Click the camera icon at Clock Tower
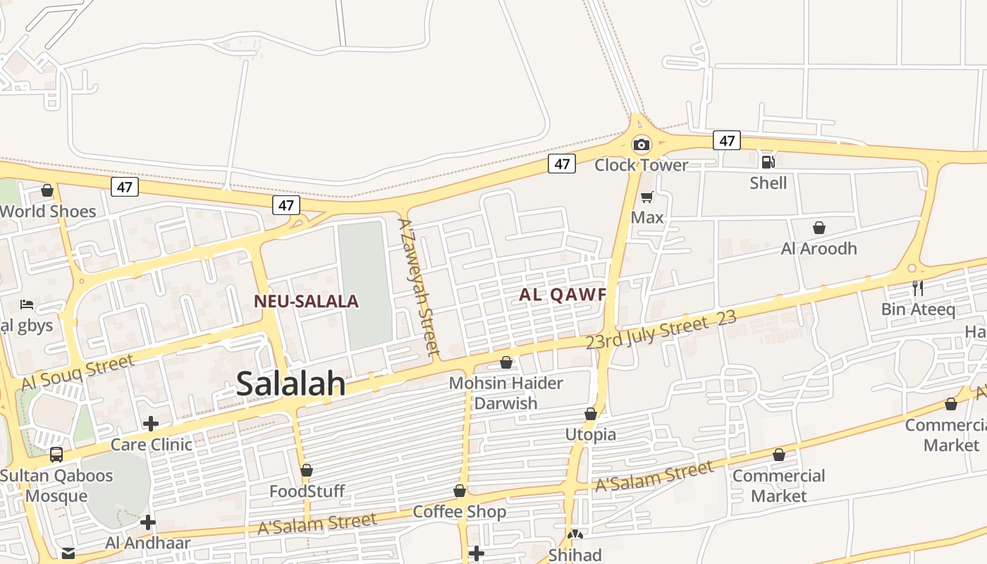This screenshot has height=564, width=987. tap(641, 145)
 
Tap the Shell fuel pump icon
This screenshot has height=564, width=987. tap(768, 162)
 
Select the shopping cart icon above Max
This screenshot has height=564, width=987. tap(646, 197)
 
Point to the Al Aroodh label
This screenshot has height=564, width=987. tap(819, 248)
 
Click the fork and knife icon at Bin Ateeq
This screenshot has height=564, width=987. tap(917, 288)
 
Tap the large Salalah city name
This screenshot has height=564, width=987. tap(291, 384)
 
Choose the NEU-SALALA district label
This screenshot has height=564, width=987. tap(306, 302)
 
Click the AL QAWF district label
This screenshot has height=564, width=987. tap(563, 295)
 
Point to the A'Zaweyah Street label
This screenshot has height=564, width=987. tap(419, 286)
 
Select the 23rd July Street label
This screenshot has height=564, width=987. tap(646, 333)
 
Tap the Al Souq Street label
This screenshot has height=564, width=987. tap(78, 373)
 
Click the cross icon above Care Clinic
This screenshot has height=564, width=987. tap(150, 424)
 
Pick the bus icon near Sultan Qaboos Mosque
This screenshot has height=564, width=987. tap(56, 455)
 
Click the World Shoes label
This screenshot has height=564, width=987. tap(48, 211)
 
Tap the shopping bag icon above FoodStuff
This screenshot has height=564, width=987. tap(307, 470)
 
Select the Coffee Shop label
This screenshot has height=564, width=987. tap(460, 512)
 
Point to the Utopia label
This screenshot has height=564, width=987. tap(591, 434)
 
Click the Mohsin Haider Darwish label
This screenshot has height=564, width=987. tap(506, 393)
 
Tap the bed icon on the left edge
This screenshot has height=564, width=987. tap(27, 305)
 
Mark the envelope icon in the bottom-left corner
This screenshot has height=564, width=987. tap(68, 553)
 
